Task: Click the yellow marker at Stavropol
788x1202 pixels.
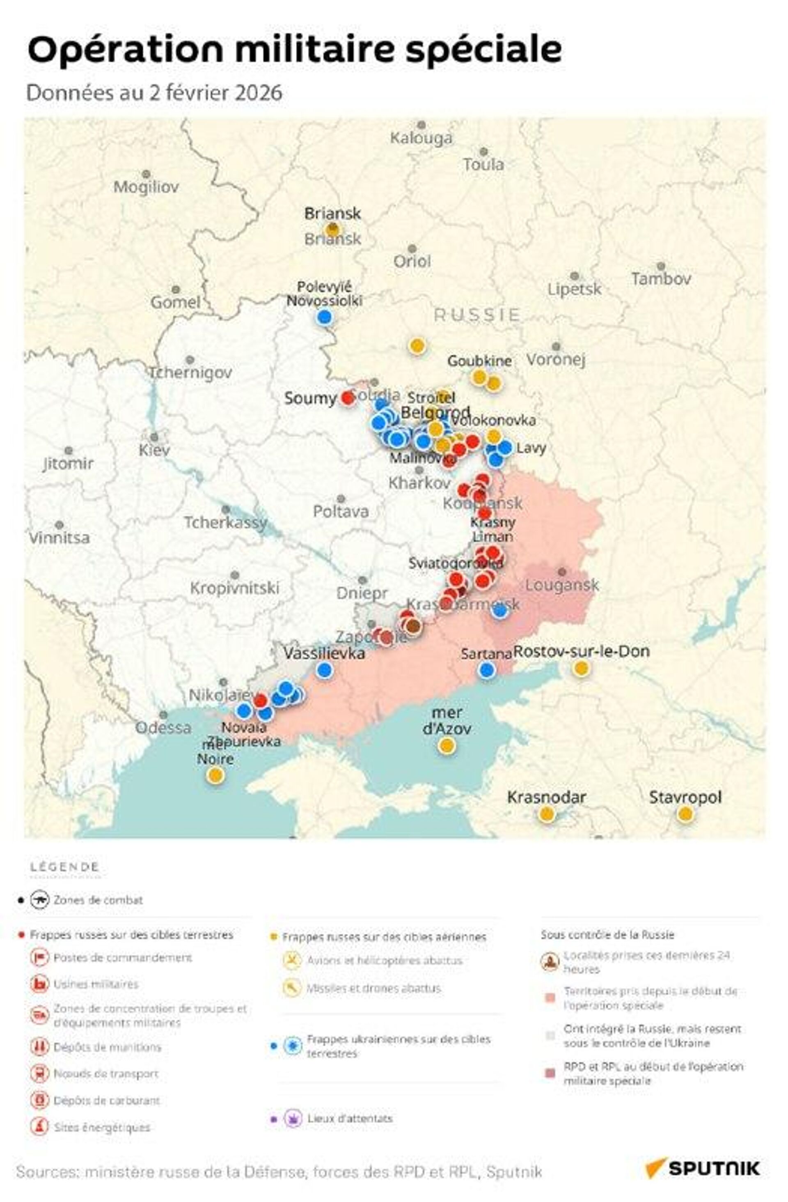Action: (684, 814)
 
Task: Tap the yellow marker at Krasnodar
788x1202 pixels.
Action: (546, 814)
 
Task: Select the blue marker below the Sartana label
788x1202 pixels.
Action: (486, 670)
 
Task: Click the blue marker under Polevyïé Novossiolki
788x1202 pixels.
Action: (325, 317)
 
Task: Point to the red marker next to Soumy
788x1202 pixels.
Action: (347, 398)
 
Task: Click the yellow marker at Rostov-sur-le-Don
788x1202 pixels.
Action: (581, 668)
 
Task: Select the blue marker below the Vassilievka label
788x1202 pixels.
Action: (325, 670)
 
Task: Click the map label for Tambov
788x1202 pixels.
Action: (661, 278)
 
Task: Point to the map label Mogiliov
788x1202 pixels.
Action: (146, 187)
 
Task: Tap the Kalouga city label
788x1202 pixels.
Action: (421, 138)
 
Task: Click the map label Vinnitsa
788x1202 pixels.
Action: (59, 538)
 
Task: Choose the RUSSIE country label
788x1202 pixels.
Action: (476, 315)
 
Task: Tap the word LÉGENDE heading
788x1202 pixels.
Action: (64, 867)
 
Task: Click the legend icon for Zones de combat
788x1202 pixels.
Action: (39, 899)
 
